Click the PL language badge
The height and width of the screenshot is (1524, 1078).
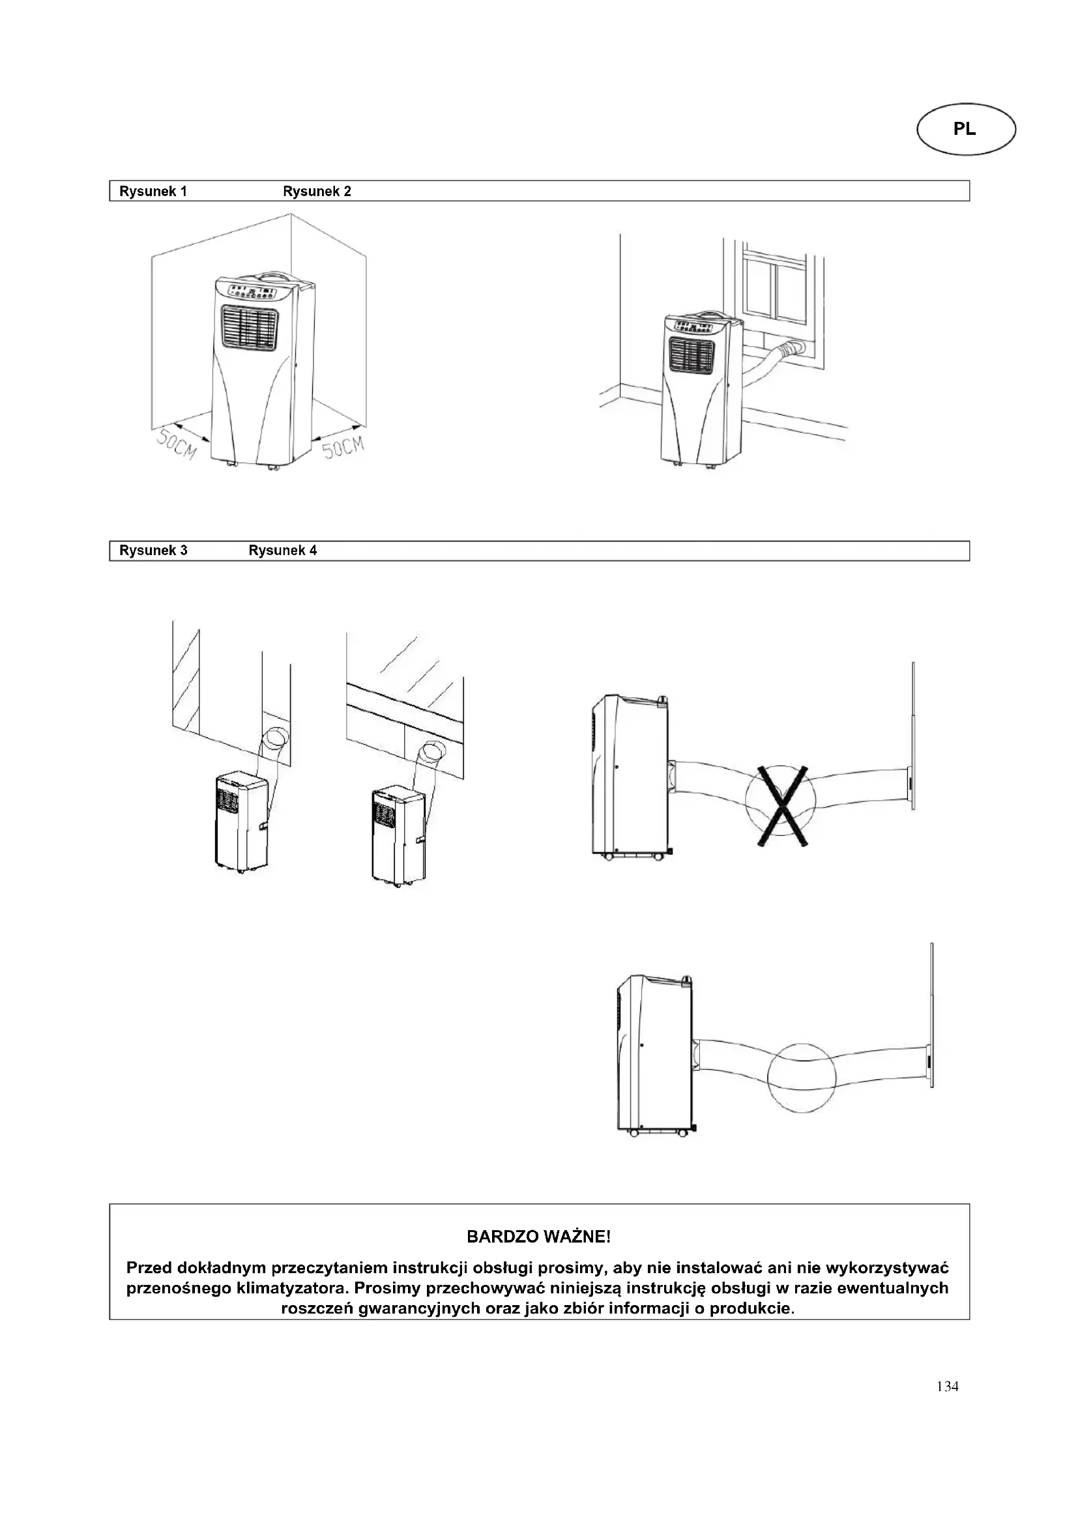point(965,130)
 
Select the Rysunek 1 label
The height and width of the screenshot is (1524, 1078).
point(153,192)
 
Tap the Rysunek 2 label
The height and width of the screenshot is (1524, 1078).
point(317,192)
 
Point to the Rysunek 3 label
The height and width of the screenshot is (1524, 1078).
point(153,551)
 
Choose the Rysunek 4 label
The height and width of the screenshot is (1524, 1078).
point(282,551)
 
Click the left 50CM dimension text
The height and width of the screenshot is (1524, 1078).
point(177,444)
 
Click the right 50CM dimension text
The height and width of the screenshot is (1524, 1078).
point(343,446)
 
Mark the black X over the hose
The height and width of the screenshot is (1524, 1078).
point(783,806)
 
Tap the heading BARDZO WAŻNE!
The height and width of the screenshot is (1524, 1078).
point(538,1237)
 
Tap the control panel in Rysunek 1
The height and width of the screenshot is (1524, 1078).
point(253,292)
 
